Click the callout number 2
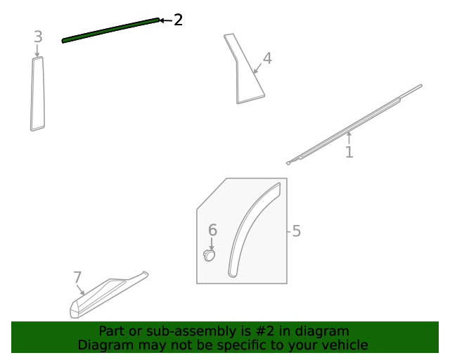178,20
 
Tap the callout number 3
38,37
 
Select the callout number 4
266,58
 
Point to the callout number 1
349,151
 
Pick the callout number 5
296,231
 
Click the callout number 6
212,230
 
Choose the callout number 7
77,278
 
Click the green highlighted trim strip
110,30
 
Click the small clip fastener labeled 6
209,255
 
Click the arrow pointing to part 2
166,20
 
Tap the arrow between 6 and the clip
212,243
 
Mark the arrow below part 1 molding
348,136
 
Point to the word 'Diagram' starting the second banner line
103,345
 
